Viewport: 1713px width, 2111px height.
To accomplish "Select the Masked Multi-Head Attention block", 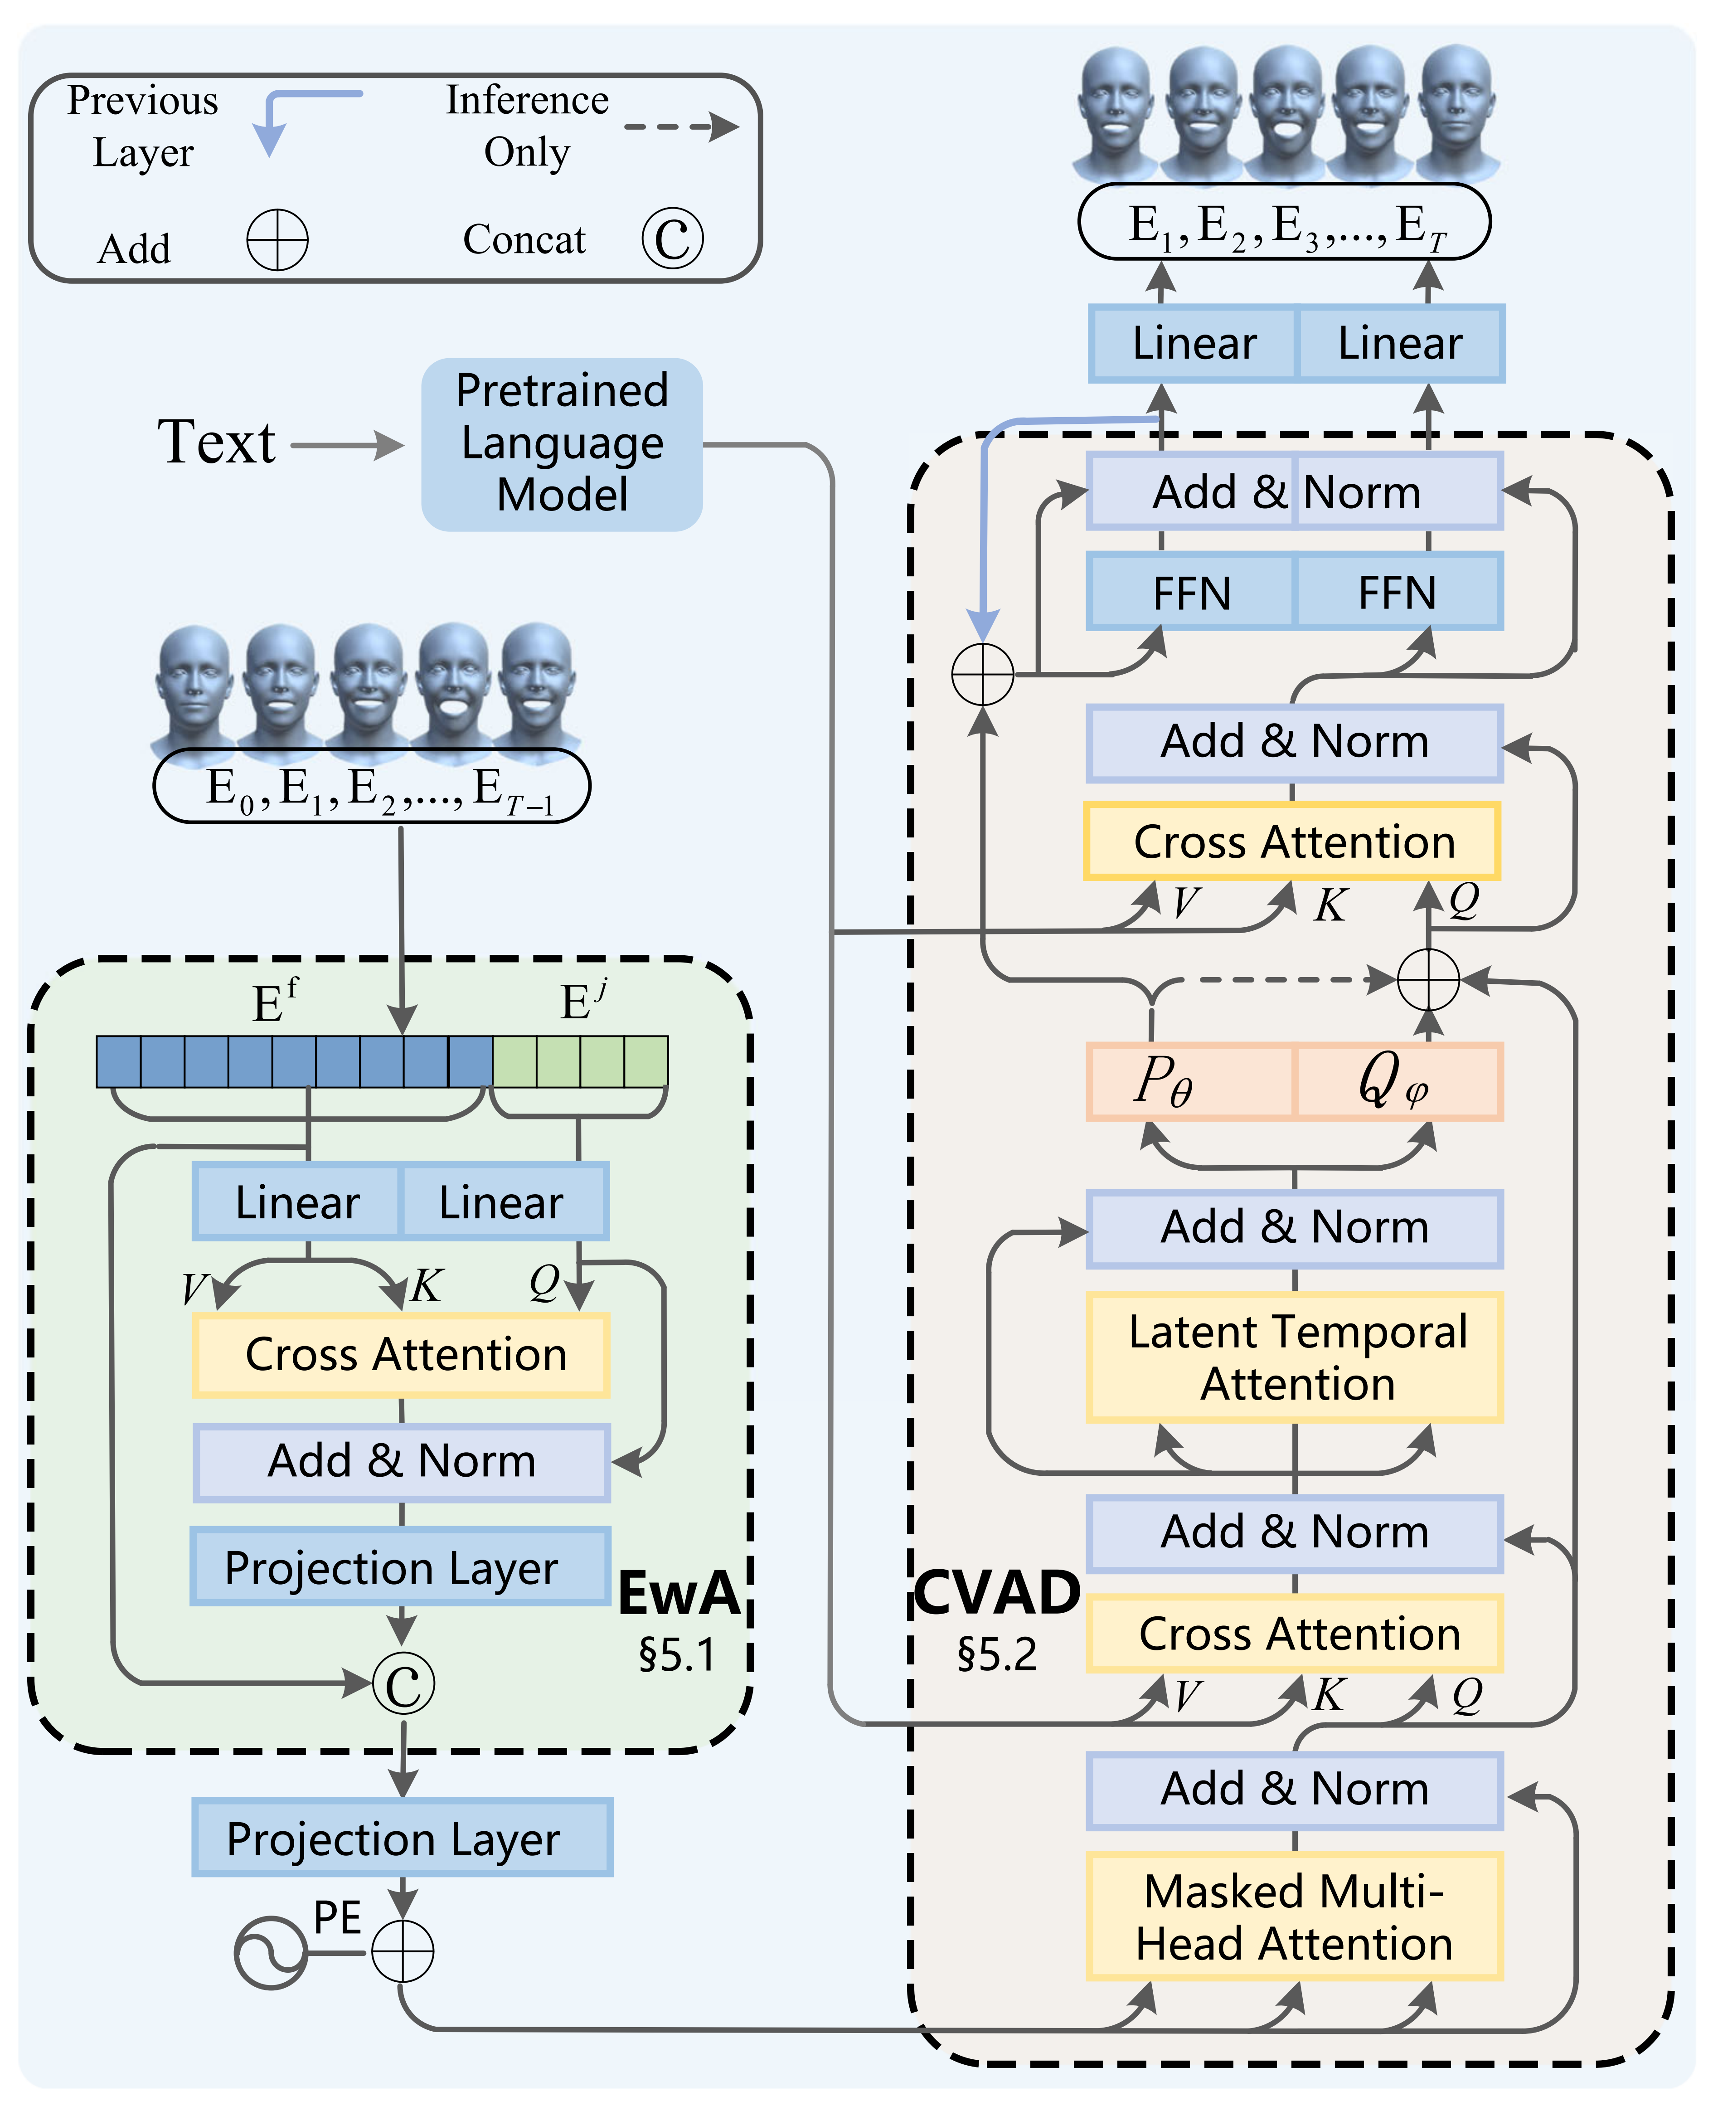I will (x=1294, y=1916).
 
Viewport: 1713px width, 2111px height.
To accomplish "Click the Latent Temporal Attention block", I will (x=1294, y=1357).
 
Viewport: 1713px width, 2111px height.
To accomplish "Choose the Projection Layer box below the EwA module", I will (x=402, y=1838).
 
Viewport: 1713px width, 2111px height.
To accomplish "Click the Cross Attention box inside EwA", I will (x=402, y=1354).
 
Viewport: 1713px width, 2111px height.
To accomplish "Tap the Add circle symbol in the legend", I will (x=277, y=240).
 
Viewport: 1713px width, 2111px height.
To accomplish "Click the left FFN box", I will (x=1191, y=592).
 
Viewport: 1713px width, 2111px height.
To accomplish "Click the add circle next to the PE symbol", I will (x=403, y=1951).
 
